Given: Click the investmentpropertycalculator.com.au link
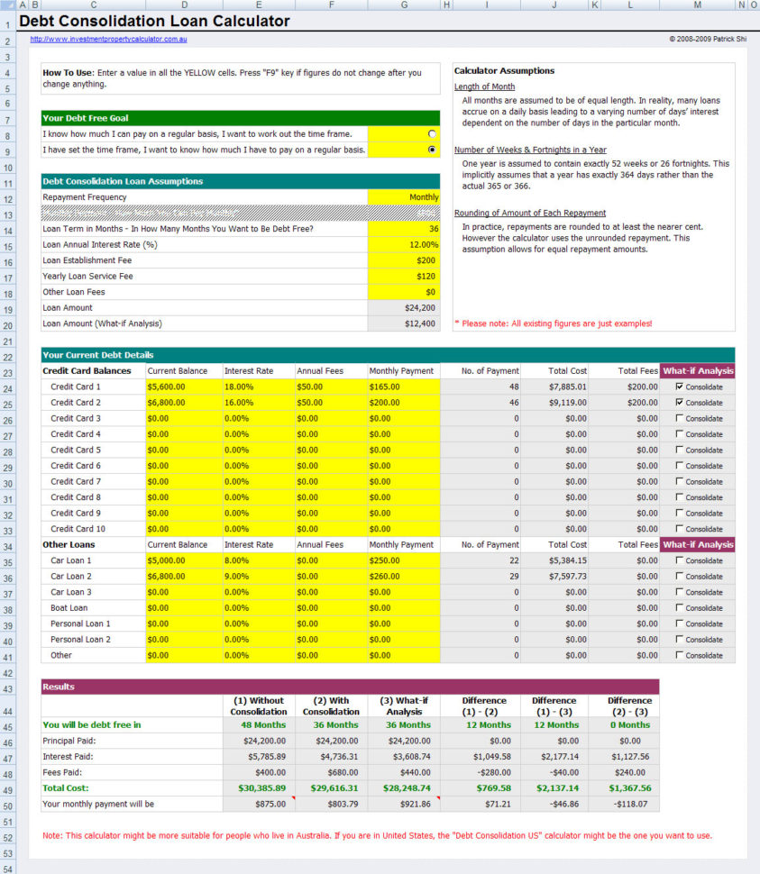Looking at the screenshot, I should [108, 40].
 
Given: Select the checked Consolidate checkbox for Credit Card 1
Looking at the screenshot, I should [680, 387].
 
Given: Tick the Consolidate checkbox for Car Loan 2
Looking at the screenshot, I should [680, 576].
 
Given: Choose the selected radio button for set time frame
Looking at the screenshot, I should [432, 150].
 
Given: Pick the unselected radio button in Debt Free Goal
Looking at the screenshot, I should [432, 133].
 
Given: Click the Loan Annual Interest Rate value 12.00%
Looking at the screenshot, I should [403, 244].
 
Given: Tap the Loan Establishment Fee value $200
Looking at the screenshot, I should [403, 260].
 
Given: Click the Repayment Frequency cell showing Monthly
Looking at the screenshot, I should [403, 197].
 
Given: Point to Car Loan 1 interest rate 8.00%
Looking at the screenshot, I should [239, 560].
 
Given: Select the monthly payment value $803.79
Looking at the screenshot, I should [331, 804].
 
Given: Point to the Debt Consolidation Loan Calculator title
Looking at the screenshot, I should [155, 22].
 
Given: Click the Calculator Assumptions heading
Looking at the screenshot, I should [504, 71].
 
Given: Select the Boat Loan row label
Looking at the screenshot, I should [69, 607].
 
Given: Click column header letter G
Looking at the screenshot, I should [403, 5].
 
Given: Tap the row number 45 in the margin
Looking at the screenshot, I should [7, 725].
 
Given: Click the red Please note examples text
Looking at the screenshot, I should [553, 323].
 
